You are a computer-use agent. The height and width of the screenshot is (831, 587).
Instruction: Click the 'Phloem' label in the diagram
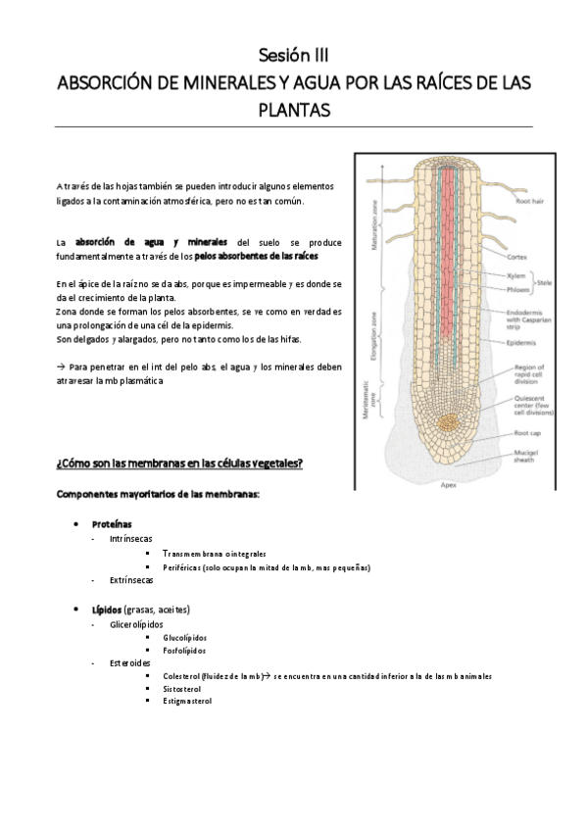click(x=517, y=290)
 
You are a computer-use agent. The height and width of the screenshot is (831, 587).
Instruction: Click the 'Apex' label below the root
click(x=448, y=484)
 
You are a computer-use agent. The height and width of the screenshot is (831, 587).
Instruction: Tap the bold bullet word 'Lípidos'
click(x=108, y=609)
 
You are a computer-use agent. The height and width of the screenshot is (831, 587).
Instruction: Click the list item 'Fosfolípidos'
click(x=185, y=650)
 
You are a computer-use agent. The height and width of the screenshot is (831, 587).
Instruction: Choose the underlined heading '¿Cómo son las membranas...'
click(x=179, y=463)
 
